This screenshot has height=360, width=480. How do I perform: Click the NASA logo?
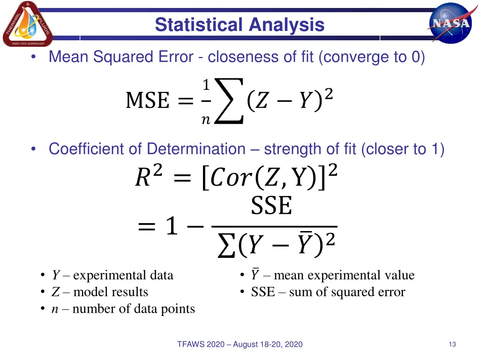(x=450, y=22)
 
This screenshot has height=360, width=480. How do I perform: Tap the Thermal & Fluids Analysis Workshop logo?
(x=27, y=24)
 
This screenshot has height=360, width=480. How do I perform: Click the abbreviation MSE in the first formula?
(x=147, y=101)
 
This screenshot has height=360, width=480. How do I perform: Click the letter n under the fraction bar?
(x=205, y=120)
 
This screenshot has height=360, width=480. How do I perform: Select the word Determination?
(x=196, y=149)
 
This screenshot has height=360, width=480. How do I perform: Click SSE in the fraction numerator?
(x=271, y=206)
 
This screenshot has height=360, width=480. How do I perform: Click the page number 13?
(x=452, y=345)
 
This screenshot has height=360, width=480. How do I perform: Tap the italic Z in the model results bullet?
(x=55, y=292)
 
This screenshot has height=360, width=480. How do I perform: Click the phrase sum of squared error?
(x=347, y=292)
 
